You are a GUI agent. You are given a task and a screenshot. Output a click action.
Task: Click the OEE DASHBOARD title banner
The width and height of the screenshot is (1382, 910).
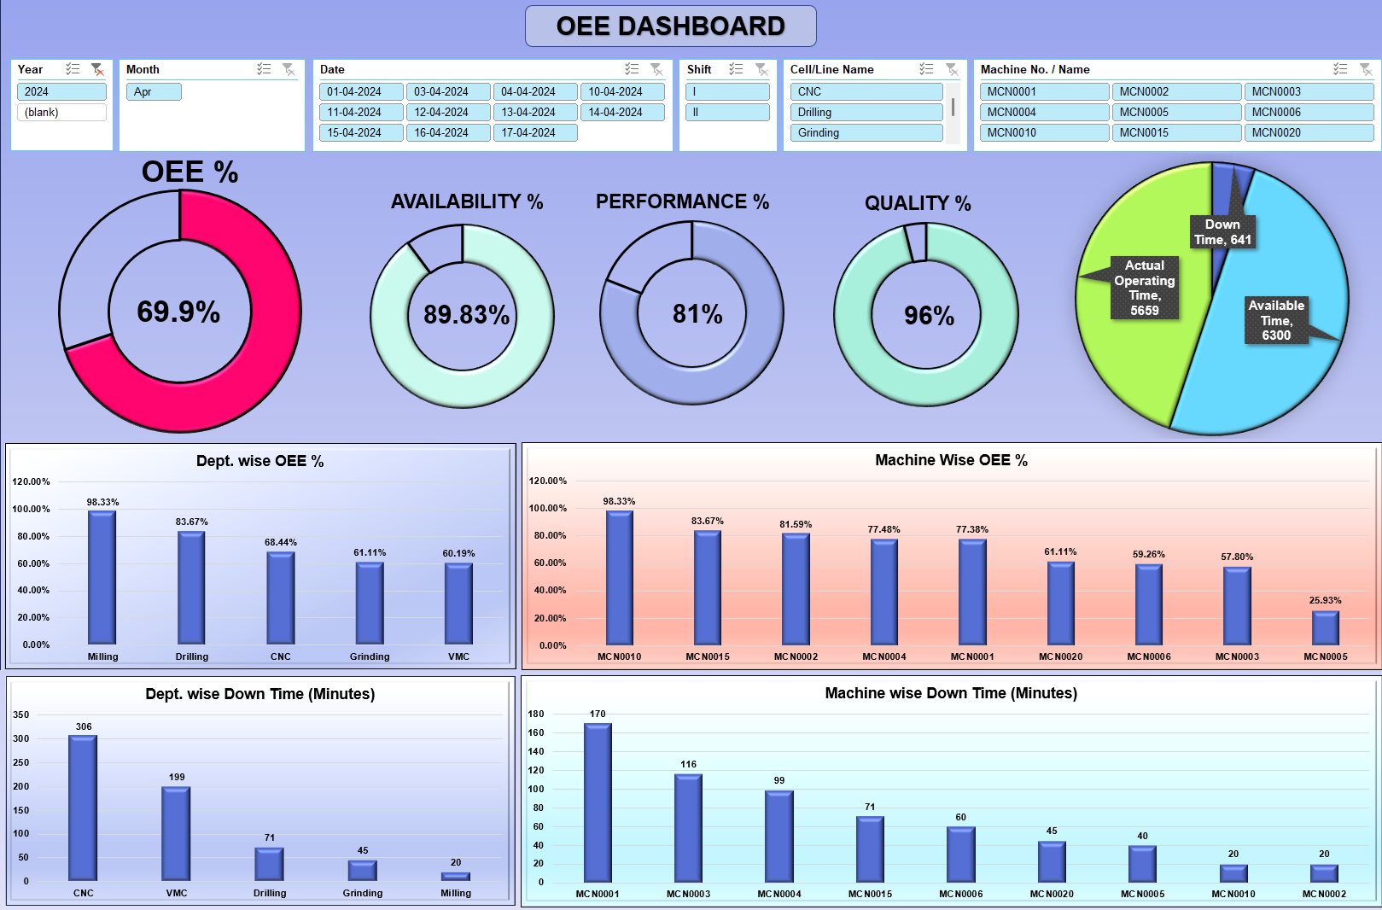(670, 26)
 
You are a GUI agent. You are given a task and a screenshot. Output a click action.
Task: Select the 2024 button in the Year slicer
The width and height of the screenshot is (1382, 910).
(61, 91)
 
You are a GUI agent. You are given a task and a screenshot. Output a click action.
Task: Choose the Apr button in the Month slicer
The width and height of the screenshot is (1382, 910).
(154, 91)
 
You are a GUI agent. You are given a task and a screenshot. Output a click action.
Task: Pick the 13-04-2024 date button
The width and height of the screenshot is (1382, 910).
(534, 112)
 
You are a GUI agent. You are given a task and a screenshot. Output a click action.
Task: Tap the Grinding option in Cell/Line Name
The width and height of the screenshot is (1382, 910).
(866, 132)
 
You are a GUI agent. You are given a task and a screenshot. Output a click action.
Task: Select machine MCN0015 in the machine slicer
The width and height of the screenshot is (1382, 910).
(1175, 132)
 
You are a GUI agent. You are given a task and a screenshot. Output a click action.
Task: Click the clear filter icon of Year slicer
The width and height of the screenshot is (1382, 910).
(97, 69)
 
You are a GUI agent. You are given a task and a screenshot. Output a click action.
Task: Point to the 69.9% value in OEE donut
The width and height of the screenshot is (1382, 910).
(178, 312)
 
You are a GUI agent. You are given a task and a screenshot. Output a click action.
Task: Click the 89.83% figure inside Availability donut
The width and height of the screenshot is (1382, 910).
(466, 315)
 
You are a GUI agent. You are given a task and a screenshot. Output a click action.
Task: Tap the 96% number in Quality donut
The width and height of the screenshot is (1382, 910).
(929, 316)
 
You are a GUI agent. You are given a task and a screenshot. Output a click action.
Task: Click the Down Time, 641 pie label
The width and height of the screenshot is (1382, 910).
(1222, 232)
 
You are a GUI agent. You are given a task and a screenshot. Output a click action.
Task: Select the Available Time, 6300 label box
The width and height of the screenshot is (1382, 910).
(1275, 320)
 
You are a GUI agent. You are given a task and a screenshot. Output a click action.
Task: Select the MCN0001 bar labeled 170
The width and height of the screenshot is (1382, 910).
(598, 802)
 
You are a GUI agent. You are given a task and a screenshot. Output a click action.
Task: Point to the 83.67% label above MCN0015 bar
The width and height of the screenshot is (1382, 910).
(707, 521)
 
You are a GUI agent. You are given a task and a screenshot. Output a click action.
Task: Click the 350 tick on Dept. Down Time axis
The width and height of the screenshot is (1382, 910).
(21, 715)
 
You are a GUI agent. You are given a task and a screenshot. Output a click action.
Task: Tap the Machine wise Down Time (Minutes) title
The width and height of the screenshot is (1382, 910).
(950, 693)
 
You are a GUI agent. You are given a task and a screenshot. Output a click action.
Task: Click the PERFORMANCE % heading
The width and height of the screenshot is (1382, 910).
(682, 201)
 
